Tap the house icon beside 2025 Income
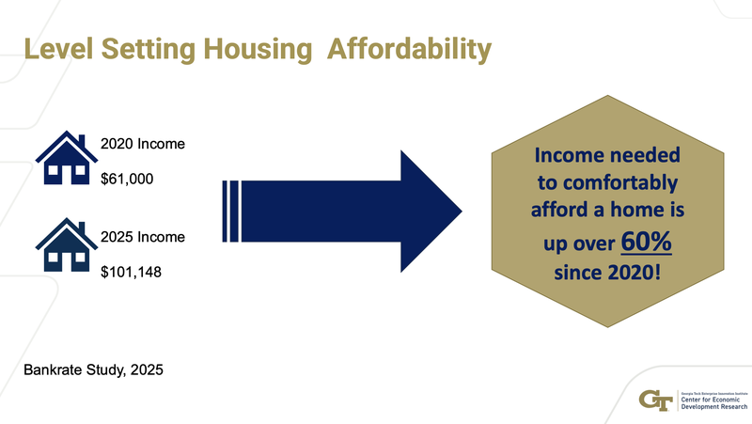click(65, 245)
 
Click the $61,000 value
click(127, 180)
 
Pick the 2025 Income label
click(142, 236)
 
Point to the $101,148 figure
click(131, 274)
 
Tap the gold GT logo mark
click(654, 399)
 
